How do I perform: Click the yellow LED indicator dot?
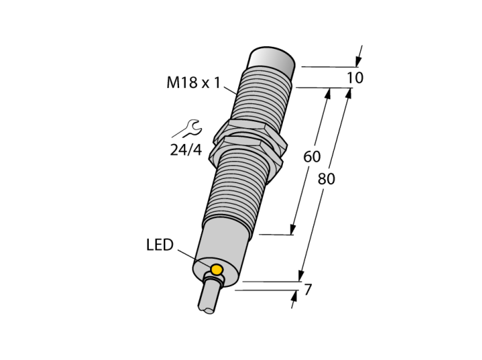click(217, 269)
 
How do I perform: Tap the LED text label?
click(160, 245)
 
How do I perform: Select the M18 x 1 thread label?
click(193, 83)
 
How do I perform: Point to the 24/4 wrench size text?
click(186, 150)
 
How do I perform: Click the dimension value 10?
click(355, 78)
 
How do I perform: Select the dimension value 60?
click(312, 157)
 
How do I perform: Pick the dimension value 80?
click(326, 179)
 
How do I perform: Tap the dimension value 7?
click(308, 289)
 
